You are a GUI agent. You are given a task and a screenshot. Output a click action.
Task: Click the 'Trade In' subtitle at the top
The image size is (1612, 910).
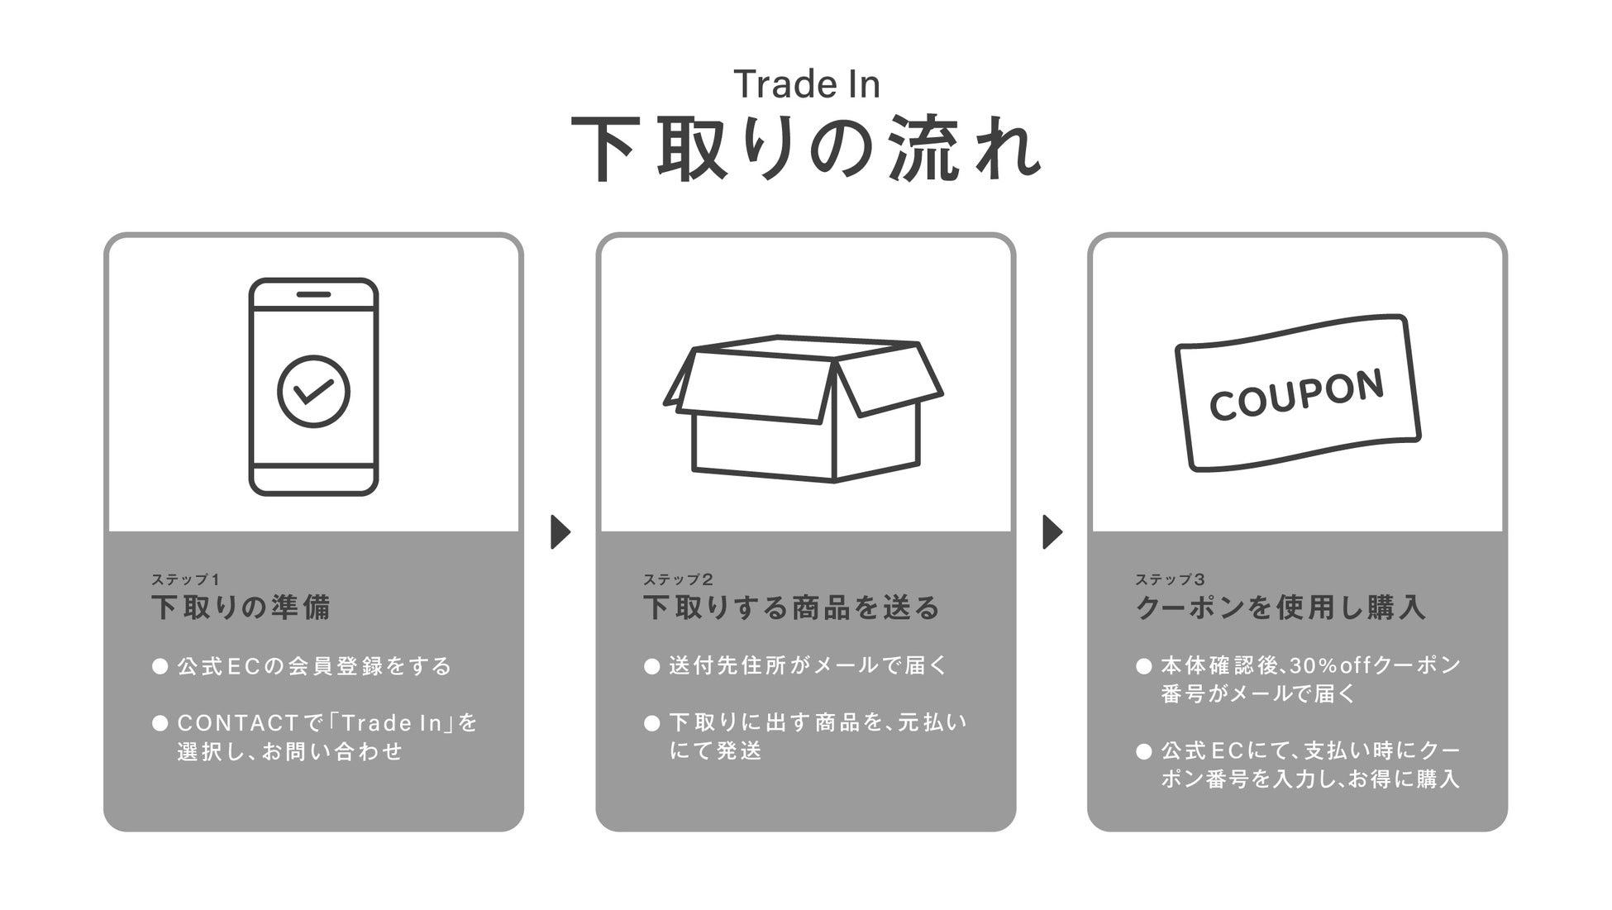click(x=806, y=84)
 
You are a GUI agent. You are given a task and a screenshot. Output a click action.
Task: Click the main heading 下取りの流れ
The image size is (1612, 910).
click(x=806, y=150)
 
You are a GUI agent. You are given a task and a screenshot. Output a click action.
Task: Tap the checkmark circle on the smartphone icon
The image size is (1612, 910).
click(x=313, y=391)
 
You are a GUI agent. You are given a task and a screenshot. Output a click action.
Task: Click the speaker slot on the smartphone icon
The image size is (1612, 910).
click(x=313, y=294)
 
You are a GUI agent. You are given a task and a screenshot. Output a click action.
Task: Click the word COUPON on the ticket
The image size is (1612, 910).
click(x=1295, y=394)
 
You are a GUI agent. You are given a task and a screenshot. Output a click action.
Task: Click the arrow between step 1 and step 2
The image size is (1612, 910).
click(x=560, y=531)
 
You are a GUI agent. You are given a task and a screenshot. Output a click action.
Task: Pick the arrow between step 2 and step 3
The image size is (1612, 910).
click(x=1052, y=531)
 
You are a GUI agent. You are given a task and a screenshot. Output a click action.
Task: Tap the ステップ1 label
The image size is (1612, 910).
click(x=185, y=579)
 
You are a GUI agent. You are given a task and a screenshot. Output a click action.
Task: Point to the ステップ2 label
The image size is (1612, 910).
click(x=678, y=579)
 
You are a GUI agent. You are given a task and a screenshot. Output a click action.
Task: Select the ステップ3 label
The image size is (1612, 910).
click(x=1170, y=579)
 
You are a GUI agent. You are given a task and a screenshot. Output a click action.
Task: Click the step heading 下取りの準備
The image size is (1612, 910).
click(x=241, y=607)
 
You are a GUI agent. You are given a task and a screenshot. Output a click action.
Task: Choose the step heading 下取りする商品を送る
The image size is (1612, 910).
click(x=792, y=607)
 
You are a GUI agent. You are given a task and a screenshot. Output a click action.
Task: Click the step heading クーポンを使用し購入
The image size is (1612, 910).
click(x=1281, y=607)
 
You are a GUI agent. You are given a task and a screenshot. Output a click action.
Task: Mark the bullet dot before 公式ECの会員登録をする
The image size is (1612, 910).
click(x=160, y=666)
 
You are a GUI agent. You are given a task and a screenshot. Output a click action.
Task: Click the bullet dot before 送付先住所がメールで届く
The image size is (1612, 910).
click(x=652, y=666)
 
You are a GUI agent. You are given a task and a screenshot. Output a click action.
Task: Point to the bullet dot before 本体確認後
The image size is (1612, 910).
click(x=1144, y=666)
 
